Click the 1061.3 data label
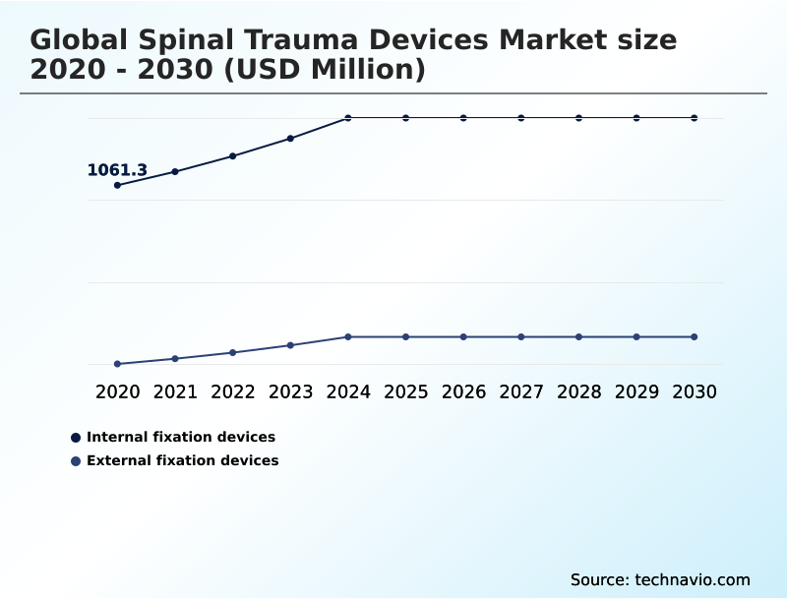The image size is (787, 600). (x=117, y=170)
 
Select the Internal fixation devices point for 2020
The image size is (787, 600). (x=117, y=185)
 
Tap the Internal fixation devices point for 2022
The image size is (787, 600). (x=233, y=155)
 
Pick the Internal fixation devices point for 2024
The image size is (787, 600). (x=348, y=118)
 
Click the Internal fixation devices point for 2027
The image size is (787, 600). (x=521, y=118)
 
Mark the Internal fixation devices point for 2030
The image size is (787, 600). (x=695, y=118)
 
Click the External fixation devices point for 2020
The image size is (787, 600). (x=117, y=364)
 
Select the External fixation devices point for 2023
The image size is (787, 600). (x=290, y=345)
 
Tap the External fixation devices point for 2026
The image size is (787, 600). (x=463, y=336)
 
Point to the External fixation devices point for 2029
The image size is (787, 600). (x=636, y=336)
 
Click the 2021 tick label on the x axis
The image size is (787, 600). (x=175, y=391)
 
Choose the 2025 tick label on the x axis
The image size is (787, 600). (x=405, y=391)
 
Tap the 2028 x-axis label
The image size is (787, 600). (x=578, y=391)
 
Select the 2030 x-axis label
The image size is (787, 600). (x=695, y=391)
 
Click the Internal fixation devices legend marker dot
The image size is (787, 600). (x=76, y=437)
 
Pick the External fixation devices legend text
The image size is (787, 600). (x=182, y=460)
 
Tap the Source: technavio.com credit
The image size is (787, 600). (x=660, y=579)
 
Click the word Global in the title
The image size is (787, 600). (x=80, y=40)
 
